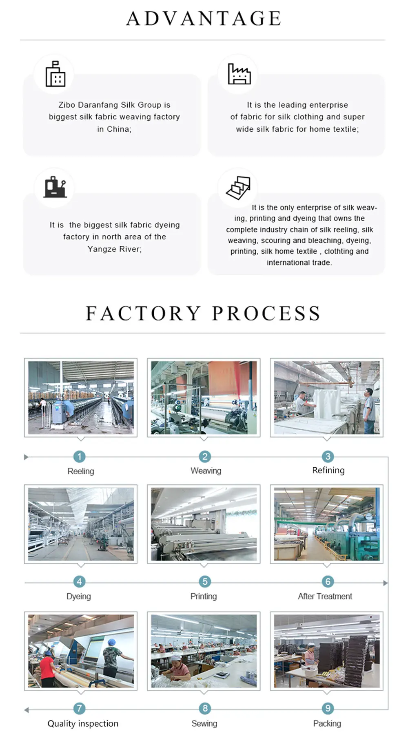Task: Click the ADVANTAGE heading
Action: [x=204, y=19]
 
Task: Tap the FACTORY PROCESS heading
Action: [x=203, y=314]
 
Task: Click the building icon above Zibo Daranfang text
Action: [x=55, y=74]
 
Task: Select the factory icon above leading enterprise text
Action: [x=239, y=74]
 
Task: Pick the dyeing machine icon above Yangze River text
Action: [x=55, y=188]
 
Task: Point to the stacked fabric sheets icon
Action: [x=239, y=188]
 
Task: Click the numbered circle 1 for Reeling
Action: [x=79, y=457]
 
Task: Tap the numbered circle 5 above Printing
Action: [x=205, y=581]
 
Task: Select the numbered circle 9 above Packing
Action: [x=328, y=708]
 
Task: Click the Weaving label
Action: [x=206, y=471]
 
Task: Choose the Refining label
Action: [x=328, y=470]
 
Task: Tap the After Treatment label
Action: [x=325, y=596]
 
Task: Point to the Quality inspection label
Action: [x=83, y=723]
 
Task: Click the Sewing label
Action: [x=204, y=723]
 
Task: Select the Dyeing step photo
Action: [x=81, y=524]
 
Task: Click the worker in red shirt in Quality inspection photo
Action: [x=47, y=669]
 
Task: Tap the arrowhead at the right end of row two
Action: [x=385, y=583]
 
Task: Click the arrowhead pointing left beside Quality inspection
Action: [x=27, y=710]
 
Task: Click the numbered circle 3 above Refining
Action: [x=328, y=456]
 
